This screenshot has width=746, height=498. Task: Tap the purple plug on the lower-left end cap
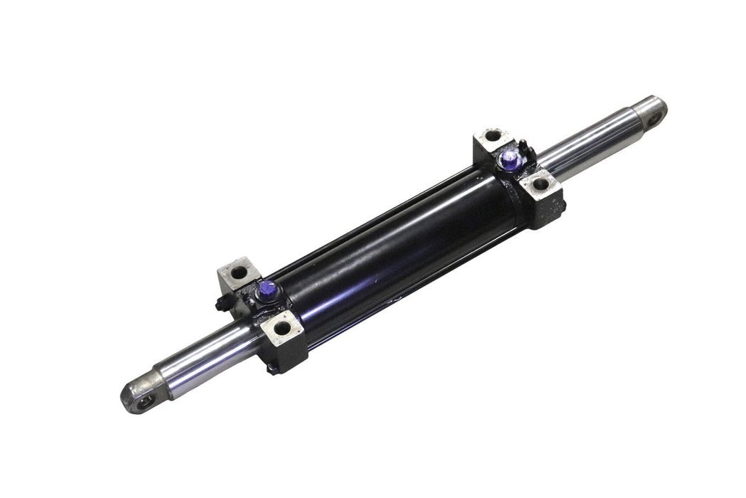[269, 288]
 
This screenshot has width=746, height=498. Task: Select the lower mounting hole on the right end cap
[541, 184]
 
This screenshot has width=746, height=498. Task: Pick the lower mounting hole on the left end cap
[283, 329]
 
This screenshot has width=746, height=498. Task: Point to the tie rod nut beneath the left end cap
[272, 368]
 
